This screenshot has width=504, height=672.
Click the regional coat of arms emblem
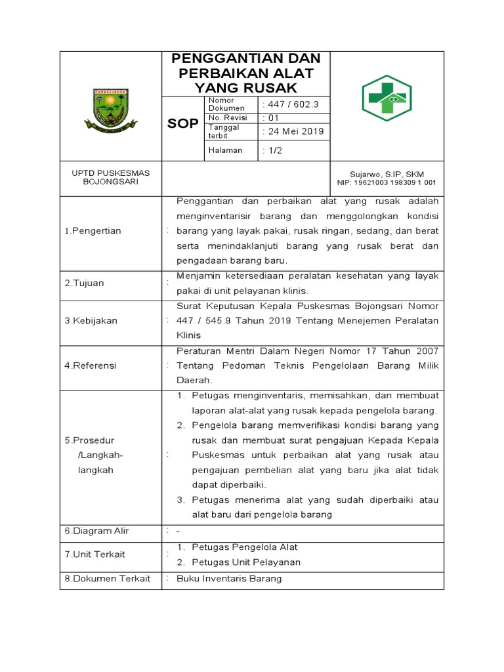[x=110, y=110]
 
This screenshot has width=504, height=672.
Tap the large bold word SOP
[x=183, y=124]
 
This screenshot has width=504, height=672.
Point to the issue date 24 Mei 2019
[x=293, y=131]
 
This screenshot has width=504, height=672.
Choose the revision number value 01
[x=270, y=117]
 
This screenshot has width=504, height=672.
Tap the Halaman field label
[x=225, y=150]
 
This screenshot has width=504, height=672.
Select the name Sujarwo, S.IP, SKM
[x=387, y=174]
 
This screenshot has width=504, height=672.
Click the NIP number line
[x=387, y=183]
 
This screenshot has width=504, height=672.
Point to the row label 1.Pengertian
[x=93, y=231]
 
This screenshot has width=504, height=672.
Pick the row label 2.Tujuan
[x=84, y=283]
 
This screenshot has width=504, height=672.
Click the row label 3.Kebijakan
[x=91, y=321]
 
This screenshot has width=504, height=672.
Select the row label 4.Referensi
[x=90, y=366]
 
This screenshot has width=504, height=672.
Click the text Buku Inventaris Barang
[x=229, y=578]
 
